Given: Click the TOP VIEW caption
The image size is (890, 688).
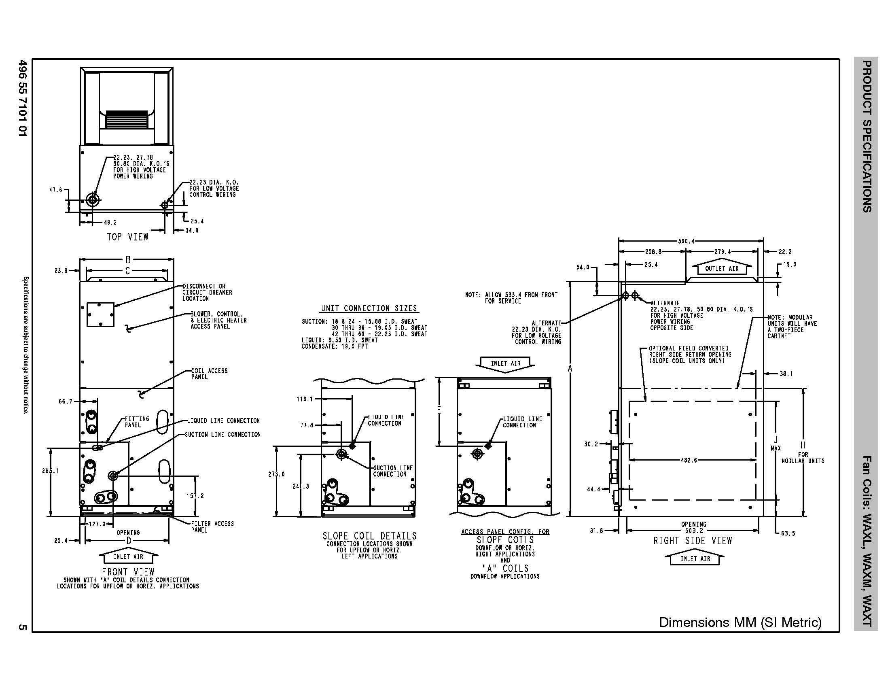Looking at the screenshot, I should pos(127,237).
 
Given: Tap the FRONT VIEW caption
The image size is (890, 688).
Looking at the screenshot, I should pos(128,572).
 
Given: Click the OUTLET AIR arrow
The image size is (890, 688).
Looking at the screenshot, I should pos(722,268).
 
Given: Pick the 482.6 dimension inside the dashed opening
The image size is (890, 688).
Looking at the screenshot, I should pos(689,460).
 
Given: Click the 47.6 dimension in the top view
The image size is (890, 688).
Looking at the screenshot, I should pos(56,190).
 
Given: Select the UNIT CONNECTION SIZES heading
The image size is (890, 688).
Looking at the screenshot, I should pos(369,308).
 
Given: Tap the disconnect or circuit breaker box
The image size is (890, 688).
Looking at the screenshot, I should pos(100,314).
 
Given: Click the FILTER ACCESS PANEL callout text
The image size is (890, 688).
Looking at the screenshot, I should pos(212,527).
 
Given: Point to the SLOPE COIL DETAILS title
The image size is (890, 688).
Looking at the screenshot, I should pos(370,536).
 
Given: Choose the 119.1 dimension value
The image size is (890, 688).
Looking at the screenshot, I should pos(304,399).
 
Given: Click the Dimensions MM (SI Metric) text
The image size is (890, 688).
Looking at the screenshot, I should pos(740,622).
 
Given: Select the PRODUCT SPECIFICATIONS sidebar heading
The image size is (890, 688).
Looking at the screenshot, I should pos(867,136).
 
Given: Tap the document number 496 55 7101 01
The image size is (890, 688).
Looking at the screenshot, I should pos(23,98).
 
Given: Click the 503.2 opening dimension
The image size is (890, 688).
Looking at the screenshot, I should pos(693,531).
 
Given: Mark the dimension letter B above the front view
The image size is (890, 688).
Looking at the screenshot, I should pos(128,260).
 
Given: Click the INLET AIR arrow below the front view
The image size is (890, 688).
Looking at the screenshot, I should pos(128,557).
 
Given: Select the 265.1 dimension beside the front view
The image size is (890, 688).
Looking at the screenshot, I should pos(50,471).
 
